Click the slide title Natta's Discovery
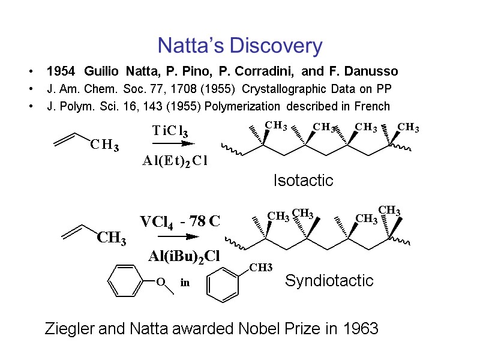pyautogui.click(x=239, y=46)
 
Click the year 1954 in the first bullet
pyautogui.click(x=60, y=72)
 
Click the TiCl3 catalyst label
pyautogui.click(x=174, y=131)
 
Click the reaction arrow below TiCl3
pyautogui.click(x=173, y=144)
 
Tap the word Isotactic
pyautogui.click(x=303, y=181)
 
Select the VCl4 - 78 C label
pyautogui.click(x=181, y=221)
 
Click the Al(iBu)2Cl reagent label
pyautogui.click(x=184, y=256)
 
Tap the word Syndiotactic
pyautogui.click(x=329, y=280)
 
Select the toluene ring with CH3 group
pyautogui.click(x=225, y=284)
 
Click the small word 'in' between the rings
pyautogui.click(x=185, y=283)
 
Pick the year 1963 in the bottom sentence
pyautogui.click(x=361, y=329)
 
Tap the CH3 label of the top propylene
pyautogui.click(x=104, y=146)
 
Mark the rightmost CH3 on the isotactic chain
pyautogui.click(x=409, y=127)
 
